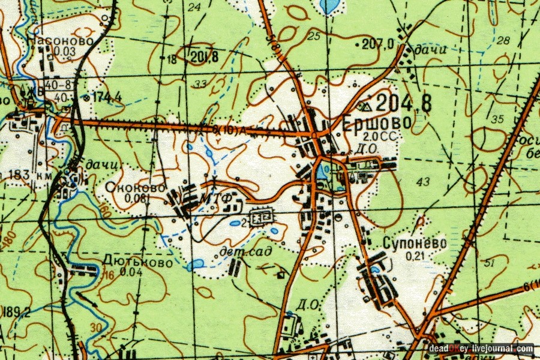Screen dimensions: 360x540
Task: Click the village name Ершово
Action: [x=377, y=122]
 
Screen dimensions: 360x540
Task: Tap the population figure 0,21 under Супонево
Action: [x=415, y=256]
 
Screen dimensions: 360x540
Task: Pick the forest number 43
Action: [x=423, y=181]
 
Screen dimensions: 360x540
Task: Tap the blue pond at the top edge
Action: [x=329, y=5]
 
